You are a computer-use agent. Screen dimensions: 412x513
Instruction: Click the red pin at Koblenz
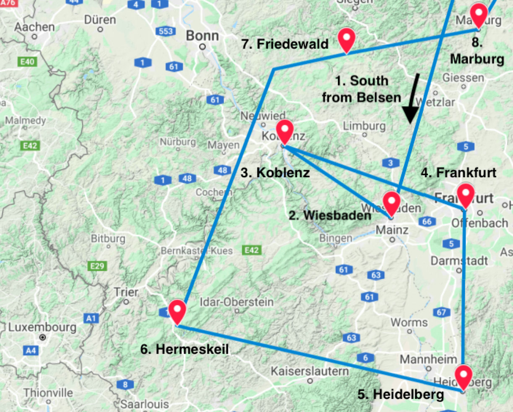pos(285,131)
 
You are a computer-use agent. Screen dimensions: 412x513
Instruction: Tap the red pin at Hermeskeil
pos(178,311)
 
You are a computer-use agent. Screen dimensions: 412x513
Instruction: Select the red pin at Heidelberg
pos(464,377)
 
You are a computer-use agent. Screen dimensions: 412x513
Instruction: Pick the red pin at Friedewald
pos(347,39)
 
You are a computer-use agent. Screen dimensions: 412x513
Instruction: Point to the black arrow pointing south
pos(413,98)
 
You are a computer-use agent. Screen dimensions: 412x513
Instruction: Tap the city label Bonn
pos(202,36)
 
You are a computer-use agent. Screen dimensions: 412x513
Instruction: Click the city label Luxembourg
pos(42,327)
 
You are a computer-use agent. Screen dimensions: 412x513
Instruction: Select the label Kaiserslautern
pos(310,371)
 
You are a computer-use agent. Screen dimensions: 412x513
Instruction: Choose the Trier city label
pos(126,292)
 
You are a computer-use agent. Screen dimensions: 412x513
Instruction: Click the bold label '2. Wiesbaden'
pos(330,215)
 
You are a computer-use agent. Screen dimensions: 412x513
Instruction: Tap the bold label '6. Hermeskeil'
pos(184,349)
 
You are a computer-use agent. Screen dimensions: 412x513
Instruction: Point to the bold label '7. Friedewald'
pos(285,44)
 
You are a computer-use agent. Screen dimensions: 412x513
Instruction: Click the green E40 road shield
pos(28,62)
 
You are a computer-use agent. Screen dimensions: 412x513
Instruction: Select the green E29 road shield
pos(97,266)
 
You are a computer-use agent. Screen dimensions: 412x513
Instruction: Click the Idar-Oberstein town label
pos(236,302)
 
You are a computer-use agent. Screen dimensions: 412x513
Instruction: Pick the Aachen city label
pos(34,27)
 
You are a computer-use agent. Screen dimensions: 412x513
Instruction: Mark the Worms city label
pos(409,322)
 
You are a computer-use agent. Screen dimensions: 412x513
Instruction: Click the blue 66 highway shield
pos(427,221)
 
